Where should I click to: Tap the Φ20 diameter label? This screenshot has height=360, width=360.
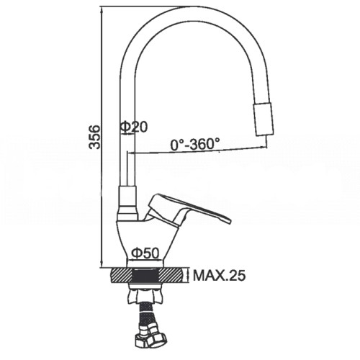pos(134,127)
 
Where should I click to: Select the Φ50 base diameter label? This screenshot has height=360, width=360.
pos(145,253)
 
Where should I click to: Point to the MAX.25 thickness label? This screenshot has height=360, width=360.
pos(220,276)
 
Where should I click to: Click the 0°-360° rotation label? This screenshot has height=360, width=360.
pos(195,144)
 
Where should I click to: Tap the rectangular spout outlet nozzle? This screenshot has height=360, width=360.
pos(264,119)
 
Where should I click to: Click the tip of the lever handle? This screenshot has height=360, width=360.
pos(230,220)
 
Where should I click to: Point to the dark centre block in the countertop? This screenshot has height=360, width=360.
pos(145,276)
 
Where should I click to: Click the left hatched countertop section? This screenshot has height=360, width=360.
pos(122,276)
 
